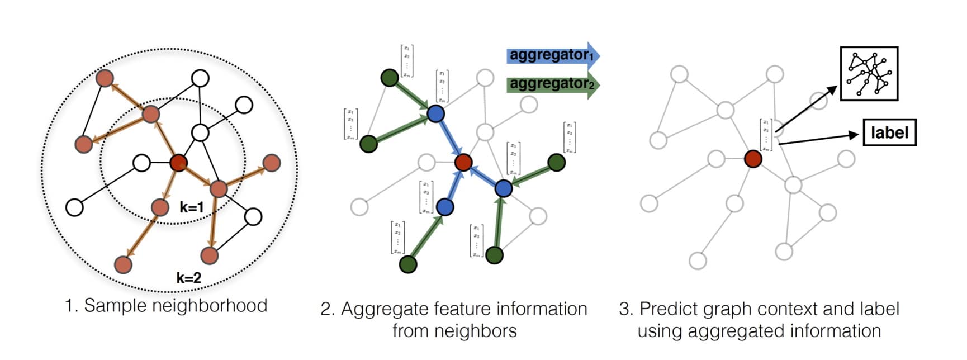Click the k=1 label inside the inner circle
click(x=192, y=207)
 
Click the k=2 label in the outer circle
click(x=188, y=277)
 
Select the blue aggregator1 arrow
click(x=553, y=55)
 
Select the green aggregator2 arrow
click(x=553, y=84)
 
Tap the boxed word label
click(x=889, y=133)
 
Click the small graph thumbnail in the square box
click(x=869, y=74)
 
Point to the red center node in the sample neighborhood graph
click(x=178, y=163)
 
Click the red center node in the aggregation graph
click(x=463, y=163)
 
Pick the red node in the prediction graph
click(x=753, y=159)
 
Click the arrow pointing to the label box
click(x=818, y=139)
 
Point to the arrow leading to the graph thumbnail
click(x=806, y=108)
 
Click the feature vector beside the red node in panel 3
click(x=766, y=135)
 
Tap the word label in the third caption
click(x=876, y=309)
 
